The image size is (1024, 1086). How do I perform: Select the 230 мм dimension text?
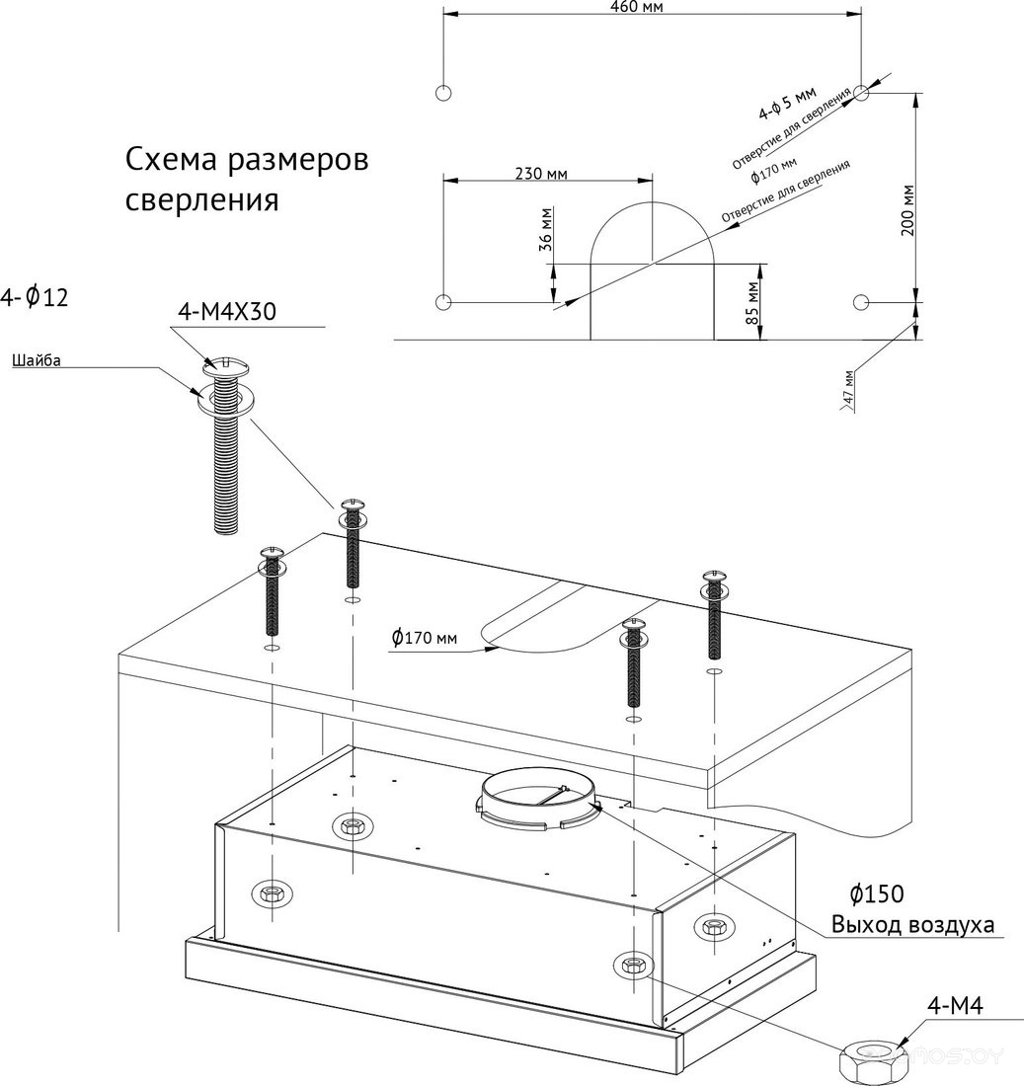coord(542,174)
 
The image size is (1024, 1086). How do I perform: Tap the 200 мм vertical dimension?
coord(908,209)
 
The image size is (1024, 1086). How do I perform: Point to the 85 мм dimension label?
coord(752,303)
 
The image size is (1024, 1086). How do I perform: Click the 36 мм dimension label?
coord(546,230)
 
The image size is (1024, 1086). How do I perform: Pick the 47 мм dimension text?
coord(846,389)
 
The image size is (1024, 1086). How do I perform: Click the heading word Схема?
coord(171,161)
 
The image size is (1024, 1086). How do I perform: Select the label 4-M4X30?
coord(226,312)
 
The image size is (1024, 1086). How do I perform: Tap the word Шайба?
coord(37,360)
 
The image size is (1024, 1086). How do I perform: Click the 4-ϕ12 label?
coord(36,296)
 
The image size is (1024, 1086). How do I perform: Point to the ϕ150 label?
coord(877,894)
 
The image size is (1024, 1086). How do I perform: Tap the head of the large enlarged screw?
coord(225,365)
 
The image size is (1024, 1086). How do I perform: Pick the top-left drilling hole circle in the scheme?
coord(443,94)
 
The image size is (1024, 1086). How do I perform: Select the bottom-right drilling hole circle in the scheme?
coord(861,301)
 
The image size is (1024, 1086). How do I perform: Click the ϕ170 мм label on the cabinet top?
coord(425,638)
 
